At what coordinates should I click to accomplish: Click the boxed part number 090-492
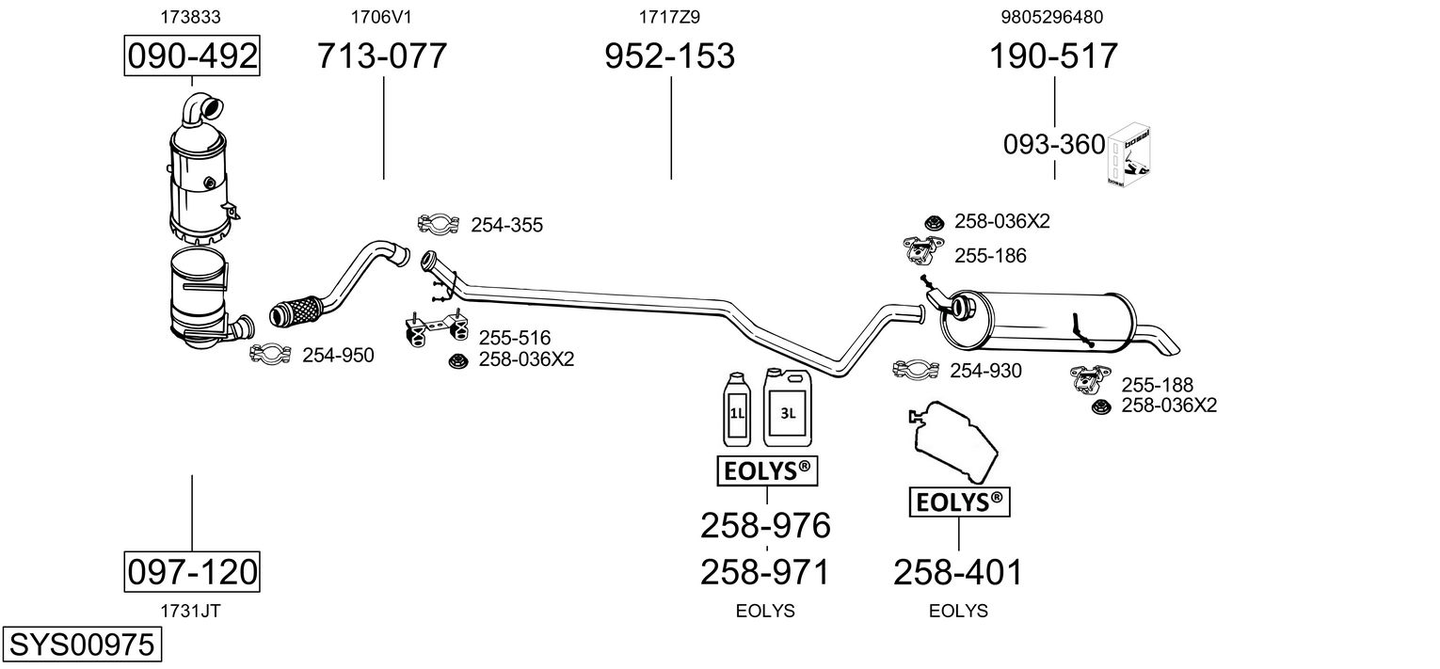click(x=192, y=56)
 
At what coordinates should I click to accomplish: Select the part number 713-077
click(x=381, y=56)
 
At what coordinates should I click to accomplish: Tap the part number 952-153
click(x=669, y=56)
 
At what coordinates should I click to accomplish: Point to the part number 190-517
click(x=1053, y=56)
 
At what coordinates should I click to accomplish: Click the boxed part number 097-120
click(x=192, y=571)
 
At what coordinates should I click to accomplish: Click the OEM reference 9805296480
click(x=1052, y=17)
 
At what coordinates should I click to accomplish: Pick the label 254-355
click(x=506, y=226)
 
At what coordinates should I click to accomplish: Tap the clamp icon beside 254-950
click(x=270, y=354)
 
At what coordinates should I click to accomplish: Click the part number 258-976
click(x=765, y=525)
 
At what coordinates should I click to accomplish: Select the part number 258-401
click(x=957, y=571)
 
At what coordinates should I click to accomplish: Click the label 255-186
click(x=990, y=256)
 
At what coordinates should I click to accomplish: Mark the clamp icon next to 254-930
click(x=915, y=370)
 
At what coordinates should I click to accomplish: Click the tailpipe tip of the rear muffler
click(x=1166, y=343)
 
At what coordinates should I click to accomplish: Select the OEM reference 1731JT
click(x=191, y=611)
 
